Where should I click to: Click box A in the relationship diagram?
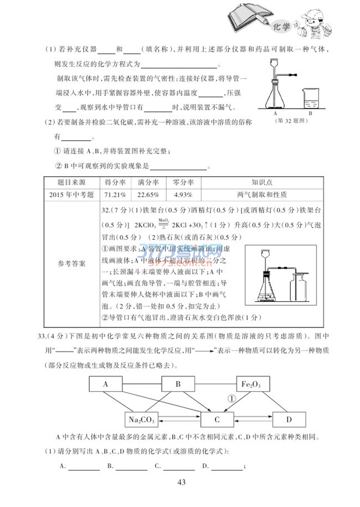(x=105, y=383)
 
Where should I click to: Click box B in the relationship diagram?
(x=178, y=383)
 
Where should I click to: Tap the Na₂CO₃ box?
(x=142, y=419)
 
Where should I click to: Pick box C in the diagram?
(x=218, y=419)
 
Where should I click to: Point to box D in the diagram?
(x=289, y=419)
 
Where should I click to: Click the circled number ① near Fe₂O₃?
(x=233, y=398)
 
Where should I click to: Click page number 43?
(x=181, y=482)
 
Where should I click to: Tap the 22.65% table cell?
(x=148, y=194)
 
